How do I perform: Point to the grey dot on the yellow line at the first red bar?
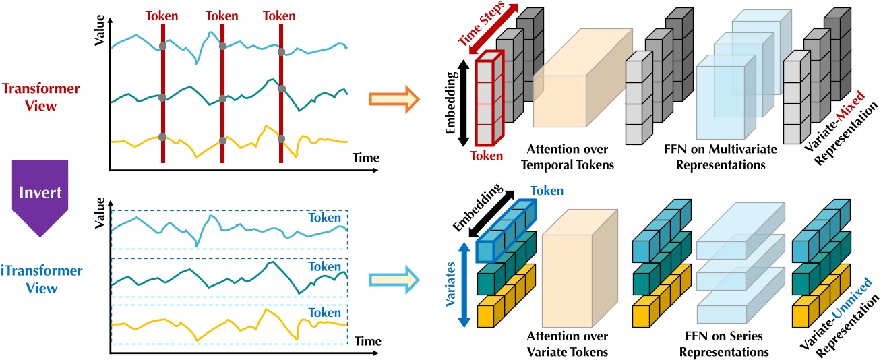[x=162, y=137]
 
